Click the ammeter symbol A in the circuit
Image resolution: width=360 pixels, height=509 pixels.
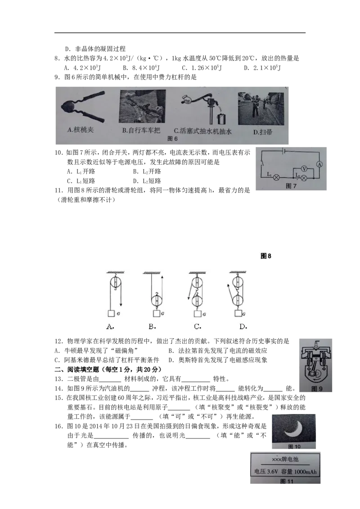(319, 164)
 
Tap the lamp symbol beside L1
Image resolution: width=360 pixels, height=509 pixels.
(277, 177)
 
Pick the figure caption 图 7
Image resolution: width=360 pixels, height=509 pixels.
(291, 186)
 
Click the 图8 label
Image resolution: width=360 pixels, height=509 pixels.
(266, 256)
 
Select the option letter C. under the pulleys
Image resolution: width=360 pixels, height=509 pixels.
(197, 327)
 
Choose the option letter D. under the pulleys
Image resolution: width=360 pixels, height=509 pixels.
(243, 327)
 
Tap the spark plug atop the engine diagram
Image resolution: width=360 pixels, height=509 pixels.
(317, 346)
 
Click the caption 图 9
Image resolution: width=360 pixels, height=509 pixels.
(317, 389)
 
